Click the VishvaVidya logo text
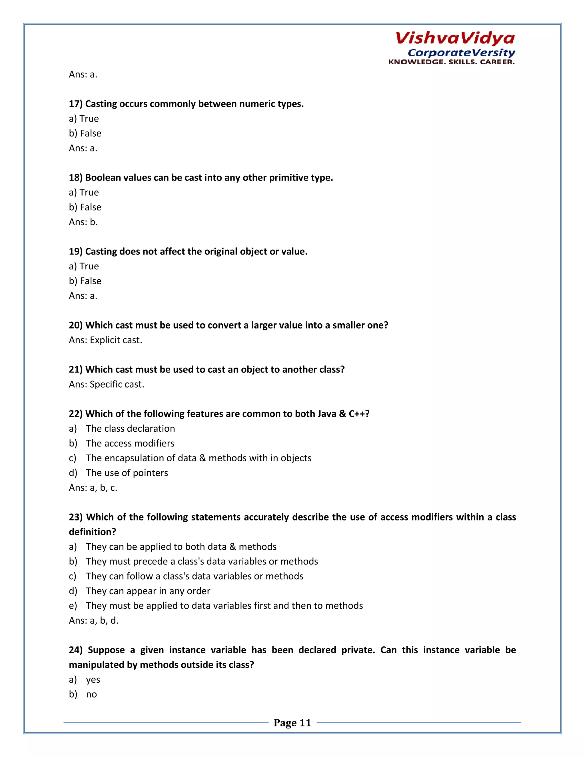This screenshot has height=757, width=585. point(455,38)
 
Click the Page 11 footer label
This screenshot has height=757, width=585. point(292,723)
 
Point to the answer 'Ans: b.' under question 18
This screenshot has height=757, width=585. point(83,222)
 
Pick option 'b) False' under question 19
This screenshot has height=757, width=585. point(85,281)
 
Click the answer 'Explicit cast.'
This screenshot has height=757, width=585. point(116,340)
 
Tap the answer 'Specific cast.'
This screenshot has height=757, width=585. point(117,384)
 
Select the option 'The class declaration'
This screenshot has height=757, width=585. point(130,429)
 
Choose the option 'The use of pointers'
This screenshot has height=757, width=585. point(127,473)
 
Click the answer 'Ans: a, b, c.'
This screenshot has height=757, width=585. point(93,488)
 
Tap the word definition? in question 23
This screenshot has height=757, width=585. point(93,532)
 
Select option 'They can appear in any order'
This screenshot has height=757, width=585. point(148,591)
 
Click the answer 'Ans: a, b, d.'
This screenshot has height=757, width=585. point(94,620)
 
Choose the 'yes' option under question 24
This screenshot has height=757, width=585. point(93,680)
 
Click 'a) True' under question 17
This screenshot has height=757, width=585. point(84,119)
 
